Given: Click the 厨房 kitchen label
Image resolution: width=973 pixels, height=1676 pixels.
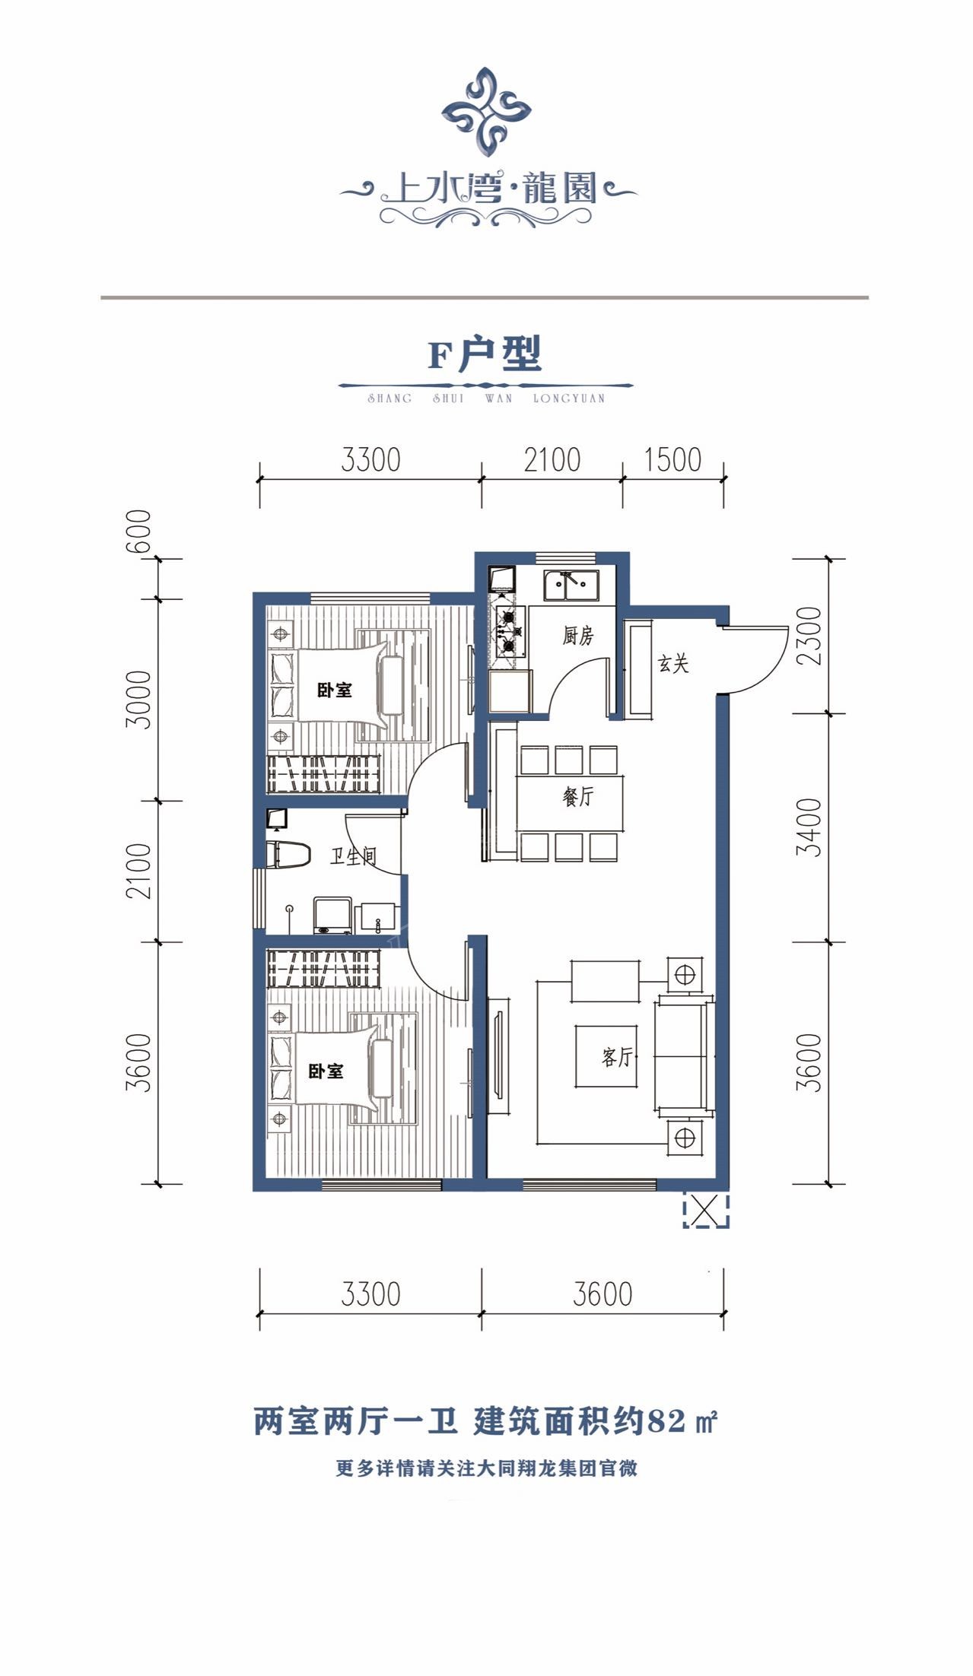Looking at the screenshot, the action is tap(577, 635).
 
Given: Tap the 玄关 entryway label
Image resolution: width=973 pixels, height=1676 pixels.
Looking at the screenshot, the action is tap(673, 663).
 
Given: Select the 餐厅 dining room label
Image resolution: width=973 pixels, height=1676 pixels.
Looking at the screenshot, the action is tap(577, 796).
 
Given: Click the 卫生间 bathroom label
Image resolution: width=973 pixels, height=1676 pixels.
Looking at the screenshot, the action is tap(353, 856).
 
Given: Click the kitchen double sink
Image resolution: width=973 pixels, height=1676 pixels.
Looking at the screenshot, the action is tap(571, 586).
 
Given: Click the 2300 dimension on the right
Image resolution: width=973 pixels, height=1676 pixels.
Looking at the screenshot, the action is tap(812, 636).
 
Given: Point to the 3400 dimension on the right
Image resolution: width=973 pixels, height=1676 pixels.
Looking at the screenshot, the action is tap(812, 827).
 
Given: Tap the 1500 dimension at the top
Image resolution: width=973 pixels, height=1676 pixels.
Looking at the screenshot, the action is tap(673, 460).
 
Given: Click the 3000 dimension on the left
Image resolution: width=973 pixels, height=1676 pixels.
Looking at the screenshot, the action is tap(139, 699).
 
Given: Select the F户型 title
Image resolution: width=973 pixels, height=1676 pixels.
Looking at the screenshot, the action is tap(485, 354).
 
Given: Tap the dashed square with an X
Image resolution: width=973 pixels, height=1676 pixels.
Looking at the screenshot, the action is tap(706, 1210).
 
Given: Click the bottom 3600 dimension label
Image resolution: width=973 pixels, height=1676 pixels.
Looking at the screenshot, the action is tap(603, 1294).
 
